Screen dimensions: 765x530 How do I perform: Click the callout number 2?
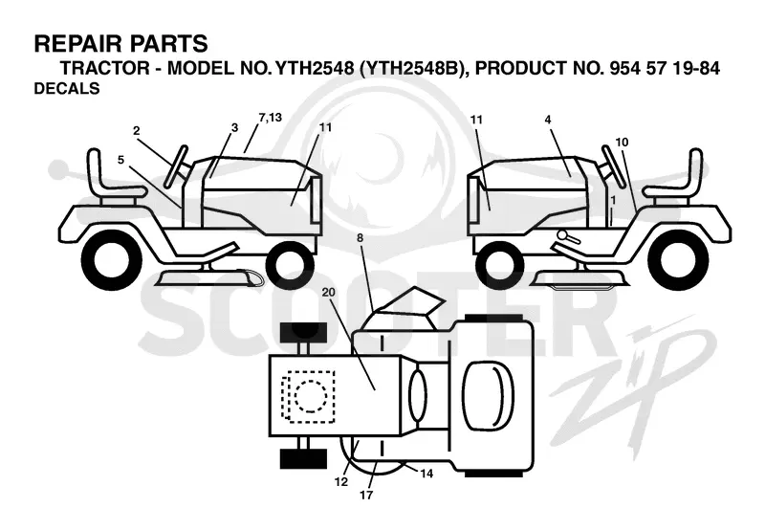(x=137, y=131)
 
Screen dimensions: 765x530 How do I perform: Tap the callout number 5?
(x=121, y=160)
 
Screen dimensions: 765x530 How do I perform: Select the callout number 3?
(x=234, y=127)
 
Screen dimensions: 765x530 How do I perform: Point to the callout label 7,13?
(x=271, y=118)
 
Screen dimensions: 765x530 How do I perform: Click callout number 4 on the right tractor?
(x=548, y=120)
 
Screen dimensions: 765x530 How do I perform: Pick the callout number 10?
(x=622, y=142)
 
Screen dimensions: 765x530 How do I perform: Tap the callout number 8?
(x=361, y=238)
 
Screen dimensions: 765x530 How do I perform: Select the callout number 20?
(x=329, y=292)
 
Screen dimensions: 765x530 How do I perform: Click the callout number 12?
(x=341, y=481)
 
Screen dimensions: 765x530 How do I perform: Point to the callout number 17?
(x=366, y=495)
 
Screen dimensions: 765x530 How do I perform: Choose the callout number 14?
(x=426, y=474)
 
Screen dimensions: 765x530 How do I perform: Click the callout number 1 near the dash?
(x=613, y=200)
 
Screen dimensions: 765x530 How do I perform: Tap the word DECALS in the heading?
(x=67, y=88)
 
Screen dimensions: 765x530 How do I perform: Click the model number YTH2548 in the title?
(x=315, y=68)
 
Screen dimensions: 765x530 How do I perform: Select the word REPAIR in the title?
(x=74, y=43)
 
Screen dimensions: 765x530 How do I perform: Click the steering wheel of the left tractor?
(x=176, y=166)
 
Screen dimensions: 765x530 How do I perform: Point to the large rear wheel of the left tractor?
(x=112, y=257)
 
